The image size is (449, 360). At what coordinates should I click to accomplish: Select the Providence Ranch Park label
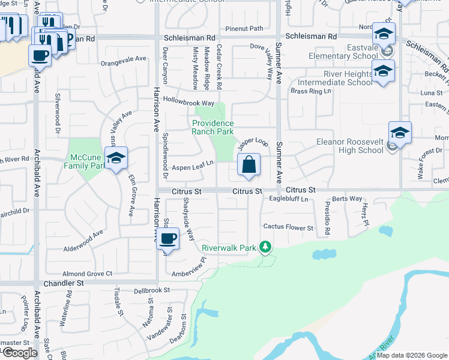point(212,127)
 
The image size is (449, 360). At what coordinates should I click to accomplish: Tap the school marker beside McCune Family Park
point(116,159)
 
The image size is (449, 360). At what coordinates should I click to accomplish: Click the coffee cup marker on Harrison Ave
point(168,239)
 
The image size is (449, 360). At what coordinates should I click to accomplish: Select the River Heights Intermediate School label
point(336,79)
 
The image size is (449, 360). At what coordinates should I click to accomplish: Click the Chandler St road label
point(62,283)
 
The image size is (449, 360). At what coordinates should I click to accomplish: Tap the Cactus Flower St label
point(289,228)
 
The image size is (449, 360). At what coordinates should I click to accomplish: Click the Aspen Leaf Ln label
point(193,167)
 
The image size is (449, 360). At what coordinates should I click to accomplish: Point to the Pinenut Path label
point(244,28)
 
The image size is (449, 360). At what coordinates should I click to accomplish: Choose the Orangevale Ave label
point(124,59)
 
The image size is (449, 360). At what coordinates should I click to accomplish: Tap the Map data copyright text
point(412,355)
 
